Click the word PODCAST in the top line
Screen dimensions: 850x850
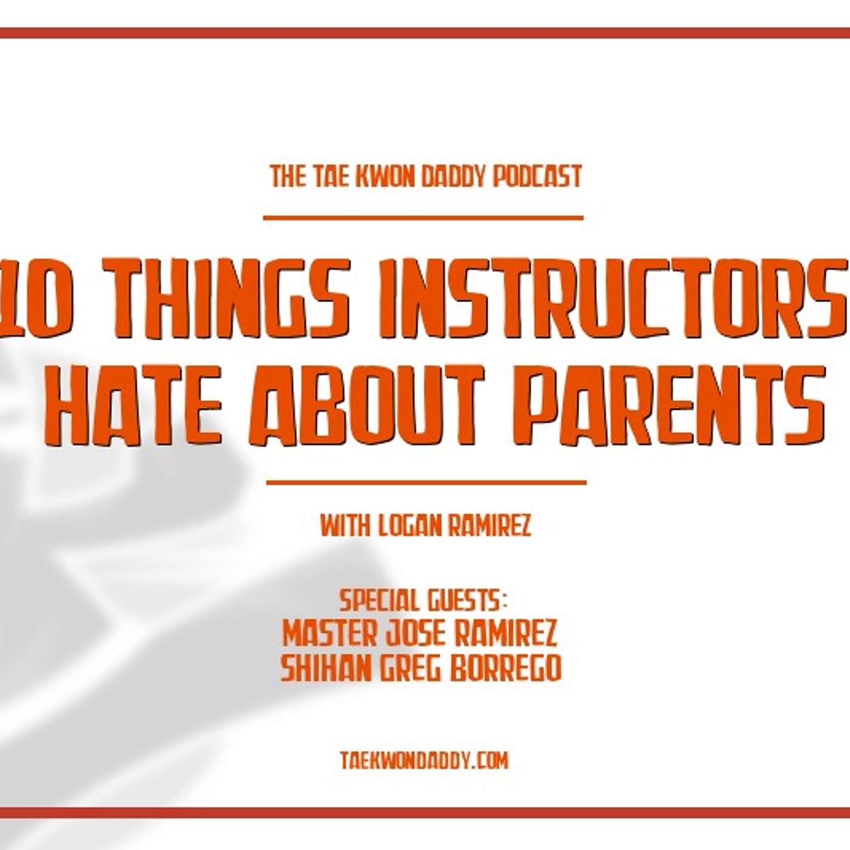pos(537,177)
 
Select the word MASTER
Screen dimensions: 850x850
pos(330,634)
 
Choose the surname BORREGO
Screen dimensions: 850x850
pos(505,668)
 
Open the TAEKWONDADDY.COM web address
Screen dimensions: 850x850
pos(424,749)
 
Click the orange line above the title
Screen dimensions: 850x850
pos(423,217)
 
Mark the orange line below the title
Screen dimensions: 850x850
pos(426,483)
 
